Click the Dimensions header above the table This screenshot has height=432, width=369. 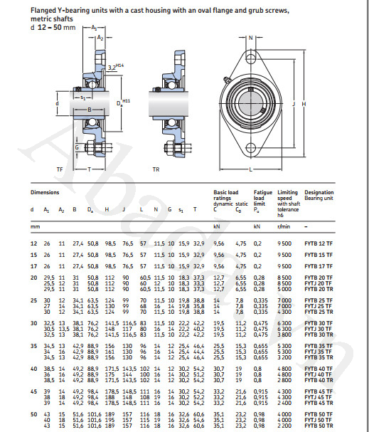pyautogui.click(x=45, y=192)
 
